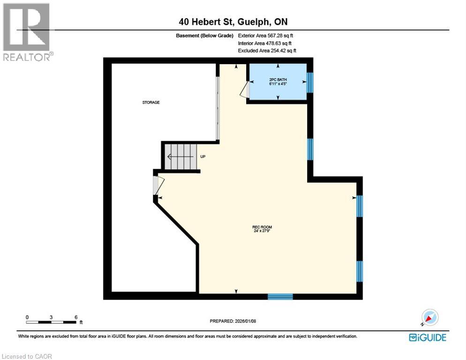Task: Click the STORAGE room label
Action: coord(151,102)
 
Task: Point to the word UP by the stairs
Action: coord(203,157)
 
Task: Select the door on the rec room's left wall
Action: coord(157,185)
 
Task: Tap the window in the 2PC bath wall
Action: coord(309,82)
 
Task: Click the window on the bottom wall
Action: coord(280,296)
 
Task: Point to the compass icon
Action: coord(429,318)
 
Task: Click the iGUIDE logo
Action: coord(427,337)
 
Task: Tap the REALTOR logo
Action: coord(27,32)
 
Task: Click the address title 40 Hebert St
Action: coord(233,22)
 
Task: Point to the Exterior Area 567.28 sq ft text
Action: coord(266,35)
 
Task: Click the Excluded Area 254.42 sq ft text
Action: coord(267,50)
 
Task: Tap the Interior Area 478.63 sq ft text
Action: coord(264,43)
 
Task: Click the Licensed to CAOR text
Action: coord(27,356)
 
